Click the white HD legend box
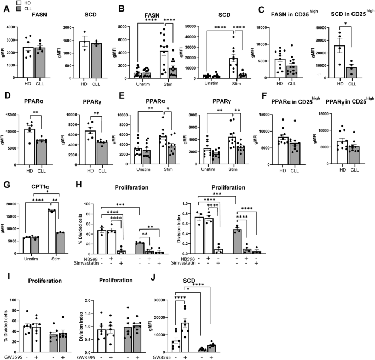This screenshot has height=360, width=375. pyautogui.click(x=5, y=3)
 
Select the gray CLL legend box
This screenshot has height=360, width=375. pyautogui.click(x=5, y=9)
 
